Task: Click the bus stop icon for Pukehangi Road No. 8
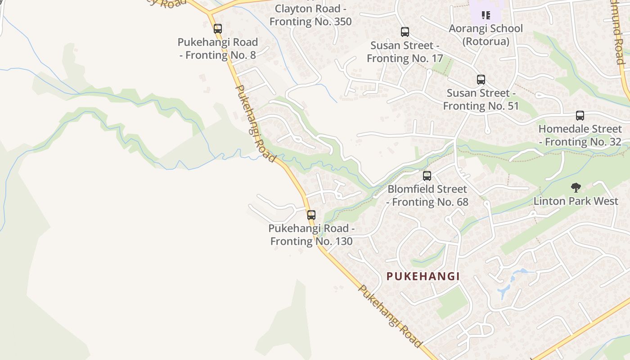click(x=218, y=29)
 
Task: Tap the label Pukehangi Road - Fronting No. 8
click(x=218, y=49)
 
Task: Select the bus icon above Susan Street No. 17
click(x=405, y=32)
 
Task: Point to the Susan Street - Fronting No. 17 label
click(x=405, y=52)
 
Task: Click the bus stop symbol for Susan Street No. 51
click(x=481, y=80)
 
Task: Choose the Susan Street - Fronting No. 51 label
click(x=481, y=99)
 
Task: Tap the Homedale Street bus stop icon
click(x=580, y=116)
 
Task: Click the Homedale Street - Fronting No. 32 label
click(x=580, y=135)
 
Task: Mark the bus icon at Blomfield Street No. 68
click(x=427, y=176)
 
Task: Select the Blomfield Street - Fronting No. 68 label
click(x=427, y=196)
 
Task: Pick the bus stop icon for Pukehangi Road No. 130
click(x=311, y=215)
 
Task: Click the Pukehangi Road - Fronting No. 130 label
click(x=311, y=235)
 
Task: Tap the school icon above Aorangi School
click(x=486, y=15)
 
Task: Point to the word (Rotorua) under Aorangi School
click(x=486, y=42)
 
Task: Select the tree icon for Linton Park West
click(x=576, y=188)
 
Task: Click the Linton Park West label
click(x=576, y=201)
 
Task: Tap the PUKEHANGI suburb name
click(x=423, y=276)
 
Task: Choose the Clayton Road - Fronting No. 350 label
click(x=310, y=15)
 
